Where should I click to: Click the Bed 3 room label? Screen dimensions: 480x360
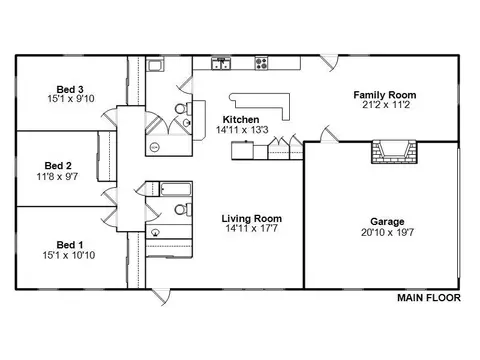click(70, 89)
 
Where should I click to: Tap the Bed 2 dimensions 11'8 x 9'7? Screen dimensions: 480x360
click(57, 176)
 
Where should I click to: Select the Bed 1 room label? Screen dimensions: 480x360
click(70, 245)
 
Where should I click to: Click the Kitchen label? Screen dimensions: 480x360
click(241, 119)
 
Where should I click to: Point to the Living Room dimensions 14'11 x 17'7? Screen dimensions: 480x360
click(251, 229)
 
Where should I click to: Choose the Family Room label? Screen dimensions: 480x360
click(385, 95)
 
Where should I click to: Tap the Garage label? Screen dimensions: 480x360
click(387, 222)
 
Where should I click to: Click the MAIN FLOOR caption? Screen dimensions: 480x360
click(429, 298)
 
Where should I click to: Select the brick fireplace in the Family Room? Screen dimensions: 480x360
click(394, 152)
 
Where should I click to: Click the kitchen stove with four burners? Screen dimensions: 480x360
click(262, 63)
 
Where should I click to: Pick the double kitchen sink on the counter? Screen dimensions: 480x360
click(221, 63)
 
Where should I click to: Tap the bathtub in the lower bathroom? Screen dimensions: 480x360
click(176, 189)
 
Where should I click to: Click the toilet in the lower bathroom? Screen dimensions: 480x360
click(183, 210)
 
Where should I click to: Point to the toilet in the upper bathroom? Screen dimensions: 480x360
click(184, 108)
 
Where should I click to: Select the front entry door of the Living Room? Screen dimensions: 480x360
click(161, 296)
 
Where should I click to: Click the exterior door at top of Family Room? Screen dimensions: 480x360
click(329, 63)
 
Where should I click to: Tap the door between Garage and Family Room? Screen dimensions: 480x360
click(329, 134)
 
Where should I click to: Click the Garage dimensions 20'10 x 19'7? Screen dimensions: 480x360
click(387, 232)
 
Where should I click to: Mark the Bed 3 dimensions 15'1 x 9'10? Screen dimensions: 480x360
click(71, 99)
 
